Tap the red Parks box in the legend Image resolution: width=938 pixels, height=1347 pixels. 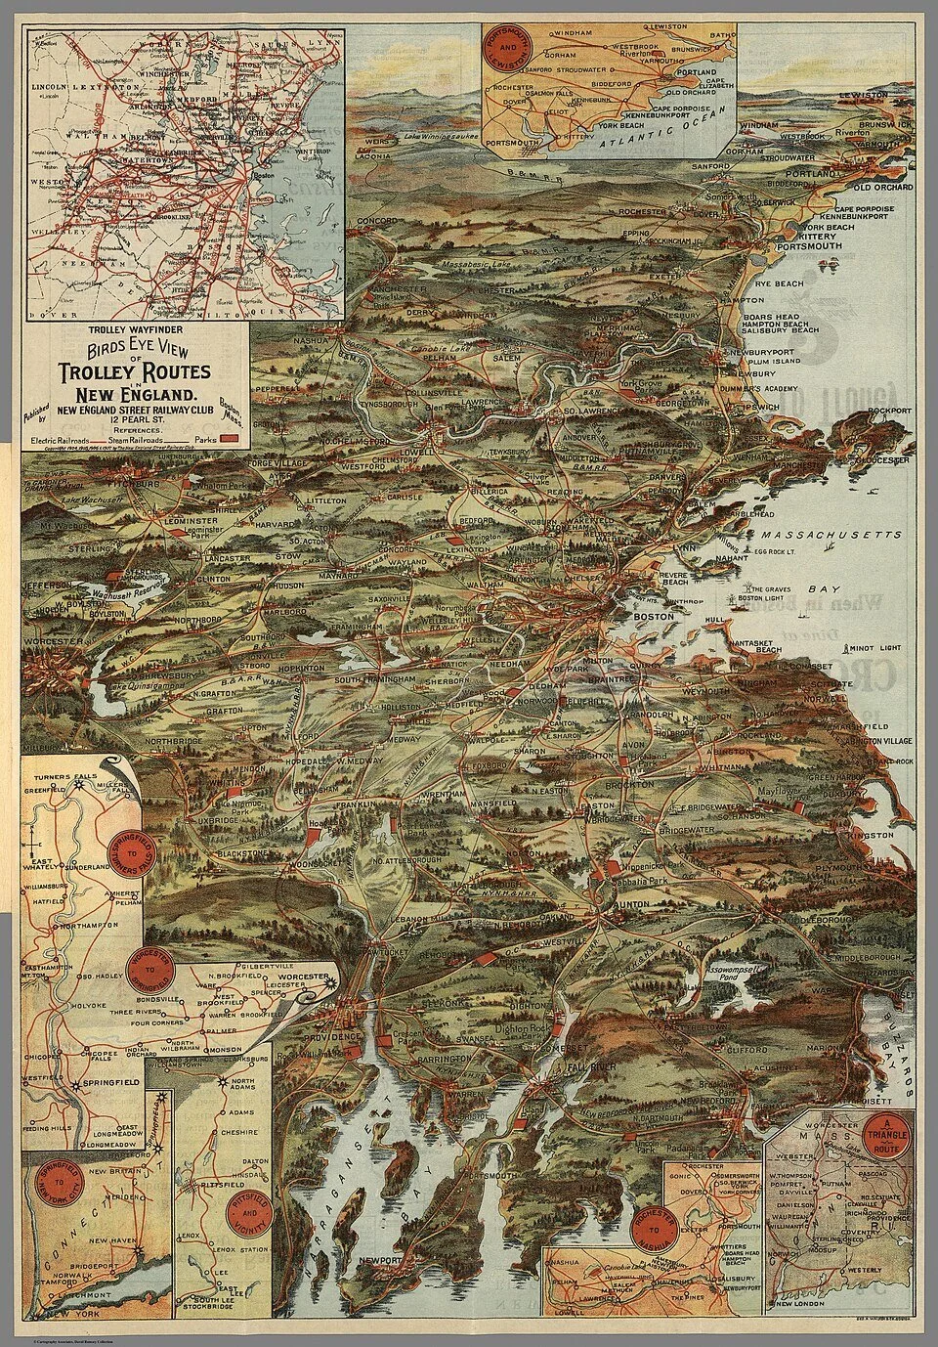[x=230, y=441]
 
